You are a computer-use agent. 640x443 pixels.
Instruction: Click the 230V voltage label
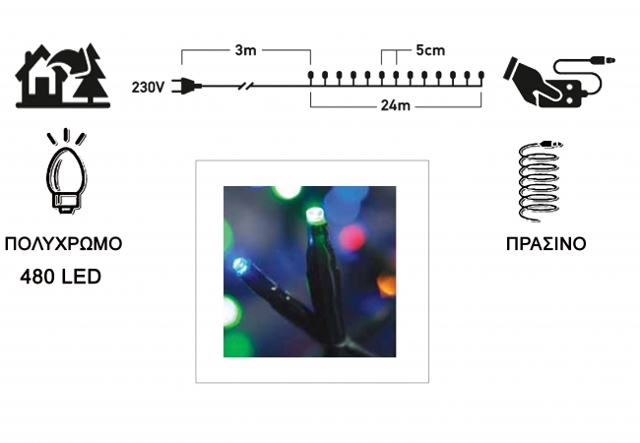point(148,87)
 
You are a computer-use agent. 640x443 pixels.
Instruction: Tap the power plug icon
point(186,86)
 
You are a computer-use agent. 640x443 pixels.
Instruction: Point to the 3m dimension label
point(246,50)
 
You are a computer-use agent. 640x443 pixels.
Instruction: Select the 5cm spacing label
point(430,50)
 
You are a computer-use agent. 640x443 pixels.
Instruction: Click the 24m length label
point(395,105)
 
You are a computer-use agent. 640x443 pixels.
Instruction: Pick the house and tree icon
point(63,76)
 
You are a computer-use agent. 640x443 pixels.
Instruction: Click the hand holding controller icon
point(559,82)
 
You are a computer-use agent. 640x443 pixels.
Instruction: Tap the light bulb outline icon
point(66,171)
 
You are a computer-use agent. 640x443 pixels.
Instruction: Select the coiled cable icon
point(540,180)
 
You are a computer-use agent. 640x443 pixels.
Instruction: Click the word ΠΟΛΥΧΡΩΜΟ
point(63,243)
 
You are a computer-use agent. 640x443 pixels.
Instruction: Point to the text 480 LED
point(60,277)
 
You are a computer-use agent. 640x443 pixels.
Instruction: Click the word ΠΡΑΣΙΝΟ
point(546,244)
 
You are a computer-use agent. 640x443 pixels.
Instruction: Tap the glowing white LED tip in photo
point(314,216)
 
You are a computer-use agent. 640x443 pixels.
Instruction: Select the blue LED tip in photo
point(240,266)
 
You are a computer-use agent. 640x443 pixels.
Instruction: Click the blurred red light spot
point(352,238)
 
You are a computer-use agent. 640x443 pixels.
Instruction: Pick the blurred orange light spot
point(387,285)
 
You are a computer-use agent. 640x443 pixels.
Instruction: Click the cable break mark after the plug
point(246,86)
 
